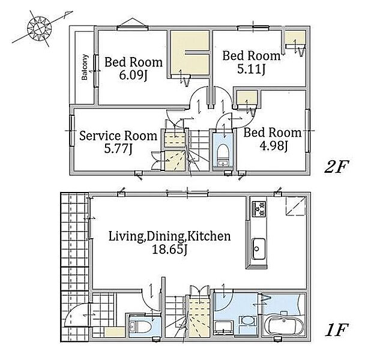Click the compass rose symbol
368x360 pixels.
coord(39,29)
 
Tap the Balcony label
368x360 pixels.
coord(85,67)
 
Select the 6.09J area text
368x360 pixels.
coord(133,76)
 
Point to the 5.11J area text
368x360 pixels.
coord(251,69)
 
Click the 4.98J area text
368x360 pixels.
coord(274,146)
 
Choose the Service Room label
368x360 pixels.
coord(118,136)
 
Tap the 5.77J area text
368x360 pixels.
coord(118,149)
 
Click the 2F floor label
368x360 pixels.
coord(337,167)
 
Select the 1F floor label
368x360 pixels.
coord(337,330)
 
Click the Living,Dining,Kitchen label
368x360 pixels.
coord(169,236)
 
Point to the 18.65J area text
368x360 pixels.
coord(169,250)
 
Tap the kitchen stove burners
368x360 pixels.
coord(259,209)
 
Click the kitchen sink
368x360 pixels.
coord(259,248)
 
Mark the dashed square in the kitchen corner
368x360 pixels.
coord(295,206)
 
